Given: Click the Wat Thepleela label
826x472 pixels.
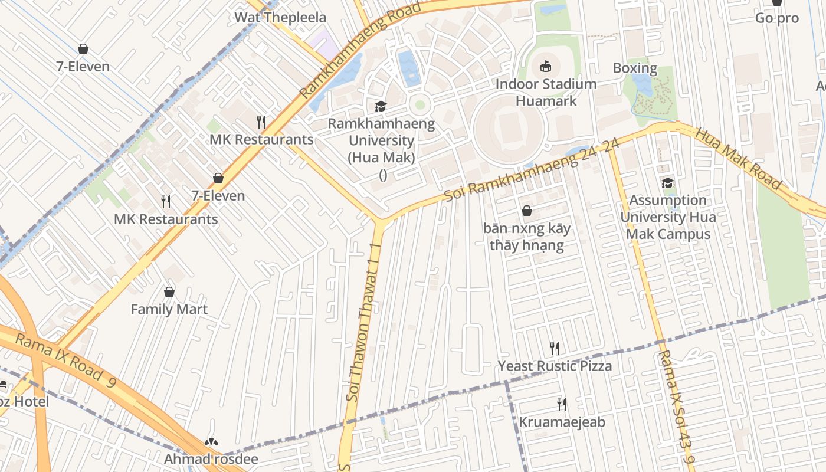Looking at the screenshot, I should pyautogui.click(x=280, y=17).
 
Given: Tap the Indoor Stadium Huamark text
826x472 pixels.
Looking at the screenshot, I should pyautogui.click(x=546, y=92).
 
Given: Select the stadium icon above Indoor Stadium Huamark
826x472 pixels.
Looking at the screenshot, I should pyautogui.click(x=546, y=66).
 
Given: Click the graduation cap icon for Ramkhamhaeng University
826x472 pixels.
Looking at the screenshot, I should pyautogui.click(x=381, y=107).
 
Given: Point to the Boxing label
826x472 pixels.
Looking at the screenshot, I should pyautogui.click(x=635, y=68).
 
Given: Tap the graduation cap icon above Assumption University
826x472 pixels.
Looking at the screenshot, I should pyautogui.click(x=667, y=183).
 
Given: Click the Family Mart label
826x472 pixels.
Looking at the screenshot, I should pyautogui.click(x=169, y=309).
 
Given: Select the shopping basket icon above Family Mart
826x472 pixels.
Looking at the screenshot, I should pyautogui.click(x=169, y=292).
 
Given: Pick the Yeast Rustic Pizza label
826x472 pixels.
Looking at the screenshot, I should pyautogui.click(x=555, y=366).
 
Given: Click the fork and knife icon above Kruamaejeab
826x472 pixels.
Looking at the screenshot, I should pyautogui.click(x=562, y=405).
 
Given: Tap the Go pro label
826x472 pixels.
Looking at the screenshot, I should pyautogui.click(x=776, y=18).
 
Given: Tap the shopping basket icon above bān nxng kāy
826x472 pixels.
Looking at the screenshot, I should pyautogui.click(x=527, y=211).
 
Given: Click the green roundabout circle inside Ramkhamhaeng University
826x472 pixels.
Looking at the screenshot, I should pyautogui.click(x=419, y=105).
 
